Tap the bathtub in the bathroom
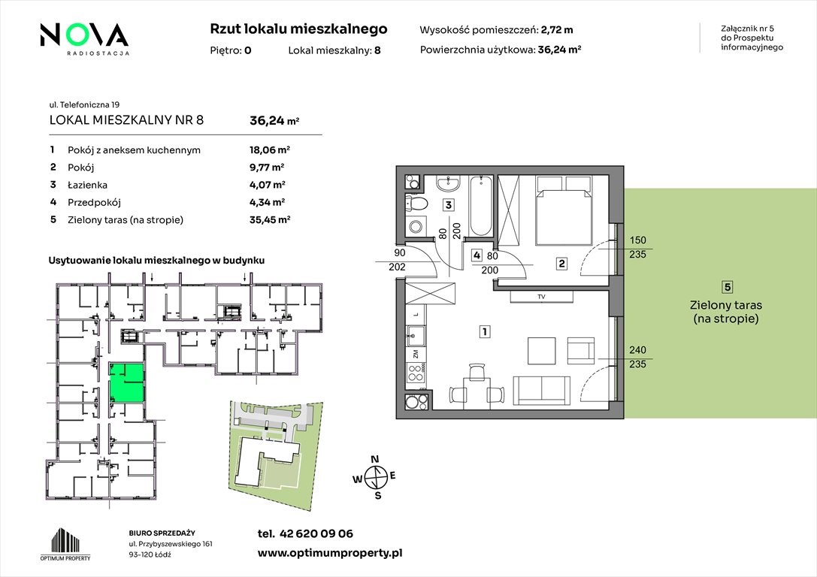click(481, 206)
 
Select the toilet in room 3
click(417, 204)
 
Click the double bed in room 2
click(564, 210)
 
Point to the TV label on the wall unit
click(541, 297)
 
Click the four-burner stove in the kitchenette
click(416, 374)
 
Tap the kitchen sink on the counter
click(416, 336)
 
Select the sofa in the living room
click(541, 389)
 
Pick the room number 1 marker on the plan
click(485, 331)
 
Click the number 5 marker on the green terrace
click(728, 287)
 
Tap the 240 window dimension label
click(637, 350)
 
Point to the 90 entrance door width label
click(400, 253)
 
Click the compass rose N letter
click(374, 459)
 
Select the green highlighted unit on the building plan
click(126, 382)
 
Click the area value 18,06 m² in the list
click(269, 150)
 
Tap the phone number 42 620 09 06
click(316, 533)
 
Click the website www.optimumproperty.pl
click(330, 554)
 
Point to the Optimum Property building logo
click(65, 544)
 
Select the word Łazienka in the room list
click(87, 185)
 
